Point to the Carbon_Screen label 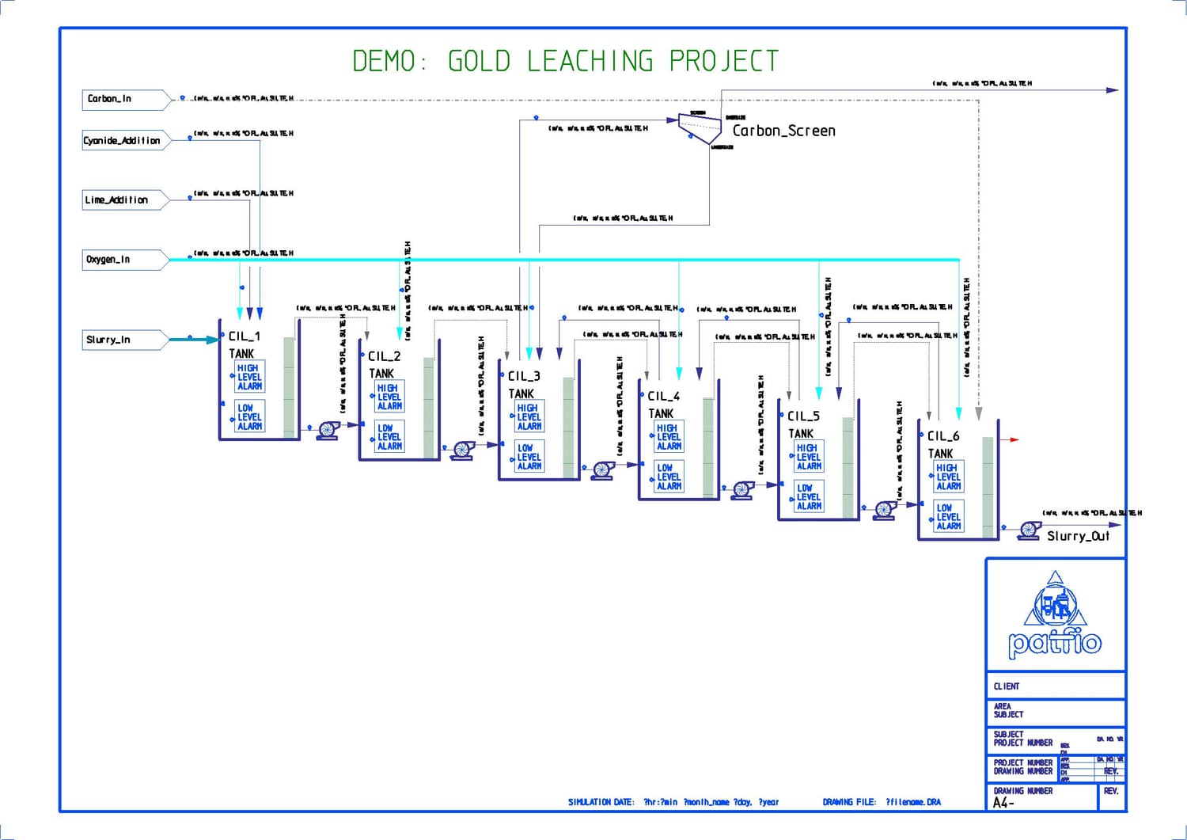pyautogui.click(x=783, y=131)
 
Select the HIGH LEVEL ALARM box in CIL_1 pyautogui.click(x=250, y=377)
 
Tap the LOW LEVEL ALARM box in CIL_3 pyautogui.click(x=529, y=457)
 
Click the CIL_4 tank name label pyautogui.click(x=663, y=396)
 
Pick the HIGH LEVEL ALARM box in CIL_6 pyautogui.click(x=949, y=477)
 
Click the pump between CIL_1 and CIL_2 pyautogui.click(x=328, y=430)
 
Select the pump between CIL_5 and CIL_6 pyautogui.click(x=886, y=510)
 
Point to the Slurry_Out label pyautogui.click(x=1078, y=536)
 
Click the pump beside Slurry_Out pyautogui.click(x=1029, y=530)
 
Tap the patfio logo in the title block pyautogui.click(x=1055, y=618)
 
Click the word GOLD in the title pyautogui.click(x=479, y=61)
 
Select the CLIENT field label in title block pyautogui.click(x=1007, y=686)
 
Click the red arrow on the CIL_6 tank pyautogui.click(x=1011, y=439)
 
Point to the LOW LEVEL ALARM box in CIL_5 pyautogui.click(x=809, y=496)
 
